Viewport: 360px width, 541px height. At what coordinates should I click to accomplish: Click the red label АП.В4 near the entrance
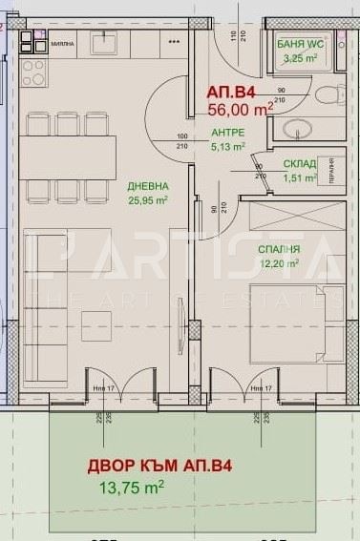tap(232, 94)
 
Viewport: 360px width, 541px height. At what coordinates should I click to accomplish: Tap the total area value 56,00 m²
tap(241, 110)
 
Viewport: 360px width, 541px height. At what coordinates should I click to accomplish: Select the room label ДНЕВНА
tap(148, 187)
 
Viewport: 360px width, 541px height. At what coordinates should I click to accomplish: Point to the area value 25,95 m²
tap(148, 200)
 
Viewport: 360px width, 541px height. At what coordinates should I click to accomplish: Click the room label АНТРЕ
tap(227, 133)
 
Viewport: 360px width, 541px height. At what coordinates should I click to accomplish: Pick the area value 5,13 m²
tap(227, 146)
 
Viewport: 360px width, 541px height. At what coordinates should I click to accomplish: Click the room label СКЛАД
tap(299, 163)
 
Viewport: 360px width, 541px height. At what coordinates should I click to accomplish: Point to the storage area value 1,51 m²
tap(299, 177)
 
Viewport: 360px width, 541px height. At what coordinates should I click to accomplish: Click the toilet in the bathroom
tap(330, 95)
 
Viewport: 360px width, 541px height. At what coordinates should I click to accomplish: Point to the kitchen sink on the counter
tap(105, 43)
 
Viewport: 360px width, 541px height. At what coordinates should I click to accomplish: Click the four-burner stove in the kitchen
tap(34, 72)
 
